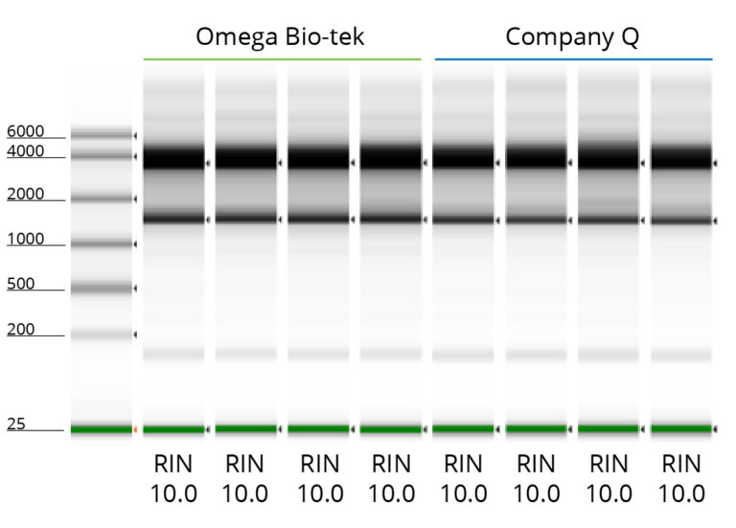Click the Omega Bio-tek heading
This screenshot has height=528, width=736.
tap(280, 37)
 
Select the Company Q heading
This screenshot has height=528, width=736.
tap(572, 37)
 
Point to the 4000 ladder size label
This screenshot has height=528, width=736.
tap(25, 151)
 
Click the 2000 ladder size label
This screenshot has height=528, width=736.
tap(25, 195)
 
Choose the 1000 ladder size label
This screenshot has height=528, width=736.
tap(25, 239)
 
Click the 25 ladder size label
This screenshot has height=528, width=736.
tap(15, 424)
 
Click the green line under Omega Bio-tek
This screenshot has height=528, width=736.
tap(282, 59)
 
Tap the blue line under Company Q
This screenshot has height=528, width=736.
tap(573, 59)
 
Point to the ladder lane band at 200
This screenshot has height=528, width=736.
tap(101, 334)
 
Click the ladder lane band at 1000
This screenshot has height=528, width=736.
tap(101, 243)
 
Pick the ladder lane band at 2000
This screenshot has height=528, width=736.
tap(101, 198)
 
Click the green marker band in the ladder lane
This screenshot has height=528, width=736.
tap(101, 428)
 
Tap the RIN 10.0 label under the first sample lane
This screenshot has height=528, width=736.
tap(173, 479)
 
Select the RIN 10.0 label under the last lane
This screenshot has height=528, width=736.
tap(683, 479)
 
